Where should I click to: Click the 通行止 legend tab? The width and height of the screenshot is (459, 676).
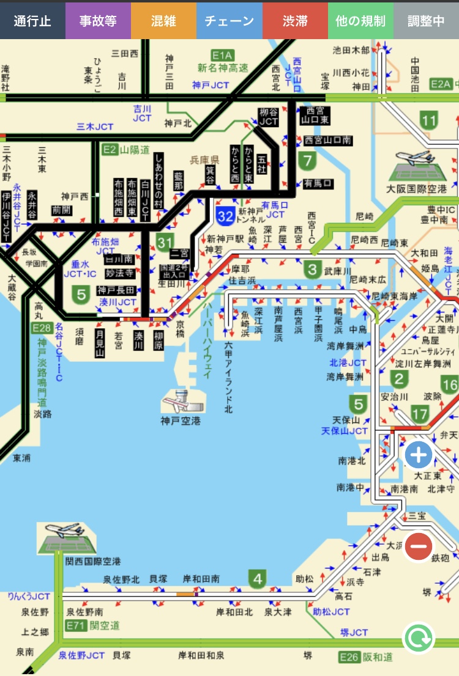pos(32,21)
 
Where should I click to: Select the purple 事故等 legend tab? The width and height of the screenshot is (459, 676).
pos(98,21)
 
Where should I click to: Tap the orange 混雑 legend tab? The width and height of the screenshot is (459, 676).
pos(163,21)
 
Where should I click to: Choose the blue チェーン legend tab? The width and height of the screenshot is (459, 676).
pos(229,21)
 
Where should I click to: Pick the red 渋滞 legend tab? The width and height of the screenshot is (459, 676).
pos(295,21)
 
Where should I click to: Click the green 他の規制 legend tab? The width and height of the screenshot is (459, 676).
pos(360,21)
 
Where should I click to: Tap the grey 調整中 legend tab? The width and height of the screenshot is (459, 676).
pos(427,21)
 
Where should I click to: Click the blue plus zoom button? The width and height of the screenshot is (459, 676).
pos(419,455)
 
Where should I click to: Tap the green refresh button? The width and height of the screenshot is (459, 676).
pos(419,639)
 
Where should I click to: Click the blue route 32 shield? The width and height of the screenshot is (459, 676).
pos(225,215)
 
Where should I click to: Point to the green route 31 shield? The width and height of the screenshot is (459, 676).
pos(164,243)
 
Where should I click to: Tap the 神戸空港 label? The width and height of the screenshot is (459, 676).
pos(181,421)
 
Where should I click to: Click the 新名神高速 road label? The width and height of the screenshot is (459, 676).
pos(223,68)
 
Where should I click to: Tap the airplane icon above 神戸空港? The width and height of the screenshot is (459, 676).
pos(181,402)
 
